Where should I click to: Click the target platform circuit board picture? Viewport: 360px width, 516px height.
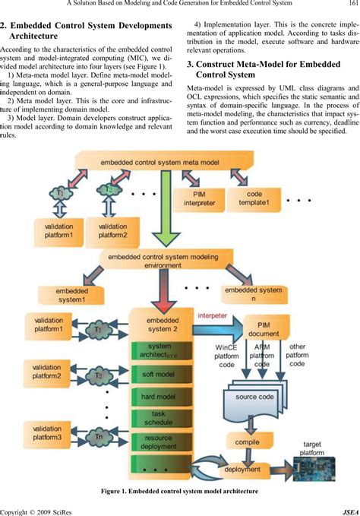coord(317,466)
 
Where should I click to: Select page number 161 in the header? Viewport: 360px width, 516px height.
coord(351,7)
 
